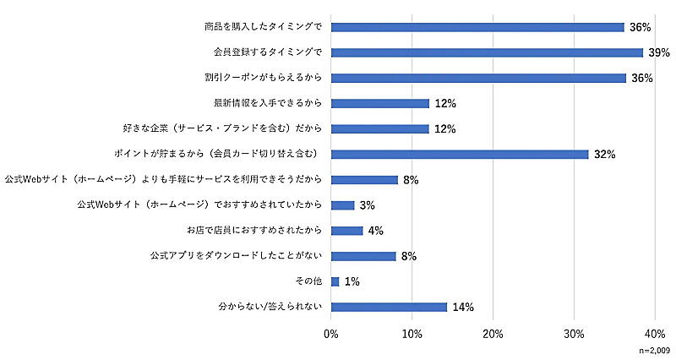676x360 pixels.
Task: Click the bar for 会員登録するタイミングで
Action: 487,52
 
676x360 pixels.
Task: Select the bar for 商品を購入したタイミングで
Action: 477,27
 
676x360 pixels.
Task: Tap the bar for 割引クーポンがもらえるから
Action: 478,78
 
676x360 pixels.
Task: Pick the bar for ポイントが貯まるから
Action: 460,155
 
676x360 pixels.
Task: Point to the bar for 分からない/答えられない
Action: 389,307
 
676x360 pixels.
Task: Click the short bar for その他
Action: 335,281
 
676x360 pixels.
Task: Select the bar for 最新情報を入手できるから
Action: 380,103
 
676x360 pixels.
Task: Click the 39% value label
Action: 660,52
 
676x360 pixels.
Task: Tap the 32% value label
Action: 604,155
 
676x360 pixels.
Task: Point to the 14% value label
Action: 462,307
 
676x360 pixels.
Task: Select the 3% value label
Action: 368,205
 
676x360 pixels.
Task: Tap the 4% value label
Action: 376,231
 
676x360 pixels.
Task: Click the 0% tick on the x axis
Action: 331,333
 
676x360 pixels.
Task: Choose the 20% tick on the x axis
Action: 493,333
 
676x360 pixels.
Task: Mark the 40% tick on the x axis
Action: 655,333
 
